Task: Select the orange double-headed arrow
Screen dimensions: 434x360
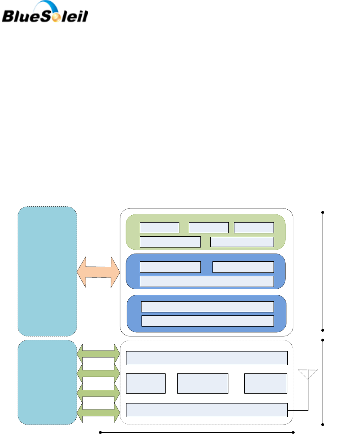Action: pyautogui.click(x=98, y=273)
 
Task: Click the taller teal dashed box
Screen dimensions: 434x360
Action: pyautogui.click(x=47, y=271)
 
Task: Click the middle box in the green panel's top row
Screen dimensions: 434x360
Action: pyautogui.click(x=209, y=228)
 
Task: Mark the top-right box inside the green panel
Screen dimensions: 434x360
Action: pyautogui.click(x=254, y=228)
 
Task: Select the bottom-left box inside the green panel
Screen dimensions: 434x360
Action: pyautogui.click(x=170, y=241)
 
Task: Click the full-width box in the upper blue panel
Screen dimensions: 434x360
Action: pyautogui.click(x=207, y=281)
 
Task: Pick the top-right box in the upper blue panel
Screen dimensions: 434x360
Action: pyautogui.click(x=243, y=267)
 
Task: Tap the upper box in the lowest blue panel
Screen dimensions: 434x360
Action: pyautogui.click(x=207, y=306)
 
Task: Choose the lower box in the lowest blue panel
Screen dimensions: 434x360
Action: pyautogui.click(x=207, y=321)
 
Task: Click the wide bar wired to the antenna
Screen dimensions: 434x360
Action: pyautogui.click(x=206, y=410)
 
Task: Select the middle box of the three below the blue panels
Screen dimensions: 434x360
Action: pyautogui.click(x=203, y=383)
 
